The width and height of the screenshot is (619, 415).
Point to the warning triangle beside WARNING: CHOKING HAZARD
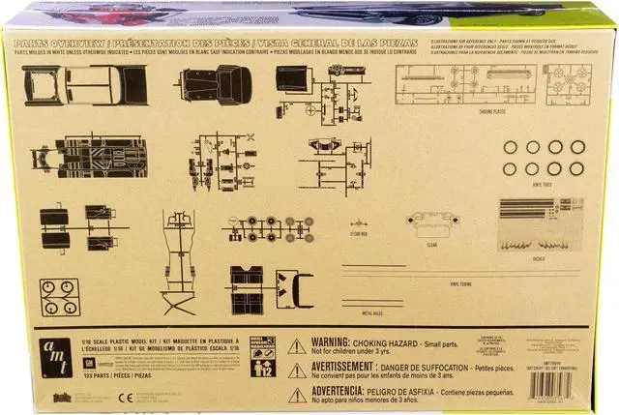(x=297, y=346)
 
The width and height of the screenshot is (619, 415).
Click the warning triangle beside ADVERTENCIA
(x=297, y=394)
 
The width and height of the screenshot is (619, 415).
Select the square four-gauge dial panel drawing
(x=60, y=298)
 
